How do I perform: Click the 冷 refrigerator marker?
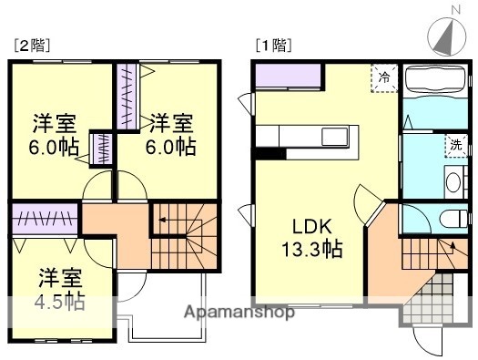pos(384,77)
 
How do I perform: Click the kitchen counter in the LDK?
pos(310,136)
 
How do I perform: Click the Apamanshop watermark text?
pos(239,313)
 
